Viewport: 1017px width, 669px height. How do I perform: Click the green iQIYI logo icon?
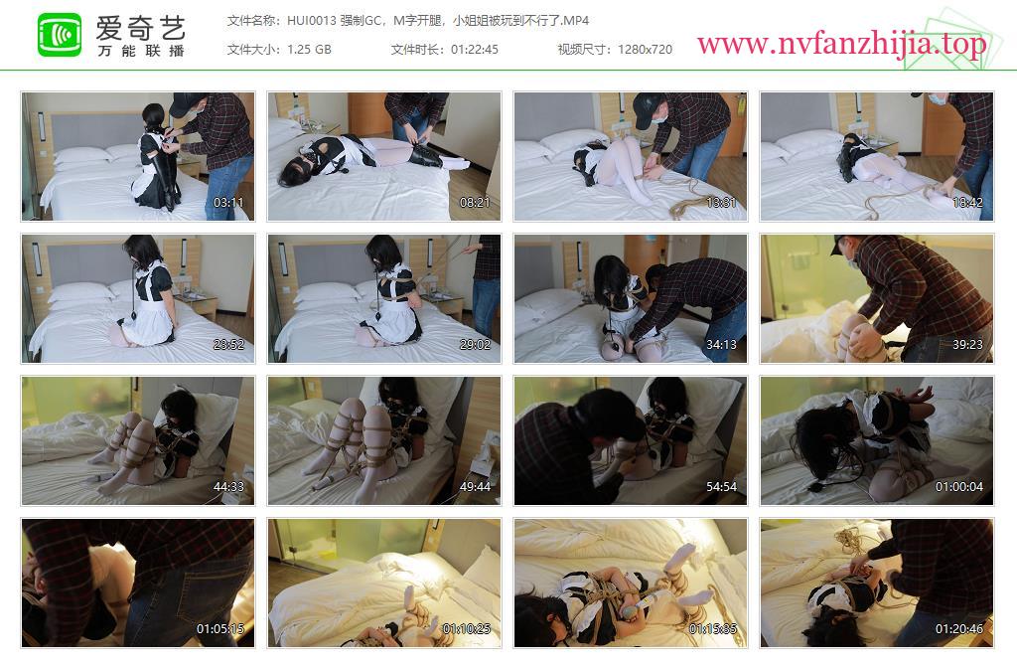tap(60, 35)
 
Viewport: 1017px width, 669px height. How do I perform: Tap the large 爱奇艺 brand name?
tap(141, 27)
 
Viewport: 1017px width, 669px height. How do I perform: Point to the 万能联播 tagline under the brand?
tap(141, 51)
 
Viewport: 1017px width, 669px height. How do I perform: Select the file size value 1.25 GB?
tap(310, 50)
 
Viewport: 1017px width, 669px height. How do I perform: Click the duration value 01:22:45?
tap(475, 50)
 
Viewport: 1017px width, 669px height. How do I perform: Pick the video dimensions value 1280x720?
tap(645, 50)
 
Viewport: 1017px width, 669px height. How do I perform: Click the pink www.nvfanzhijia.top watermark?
tap(841, 44)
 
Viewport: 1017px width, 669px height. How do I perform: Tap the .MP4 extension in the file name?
tap(575, 21)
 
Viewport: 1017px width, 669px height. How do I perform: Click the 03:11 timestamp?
tap(228, 203)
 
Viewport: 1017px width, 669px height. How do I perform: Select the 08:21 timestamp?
tap(475, 203)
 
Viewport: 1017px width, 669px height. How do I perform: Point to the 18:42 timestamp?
tap(967, 203)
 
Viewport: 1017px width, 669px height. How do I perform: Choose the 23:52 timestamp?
tap(228, 345)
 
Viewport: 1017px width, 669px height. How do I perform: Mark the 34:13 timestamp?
tap(721, 345)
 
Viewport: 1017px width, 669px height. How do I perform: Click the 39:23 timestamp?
tap(967, 345)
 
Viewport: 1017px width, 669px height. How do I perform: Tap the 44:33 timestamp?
tap(228, 487)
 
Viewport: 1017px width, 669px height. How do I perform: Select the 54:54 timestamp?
tap(721, 487)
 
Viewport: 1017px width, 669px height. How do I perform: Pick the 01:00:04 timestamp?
tap(958, 487)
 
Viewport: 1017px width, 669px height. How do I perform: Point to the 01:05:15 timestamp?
tap(220, 629)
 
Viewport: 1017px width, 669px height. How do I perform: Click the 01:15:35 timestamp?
tap(713, 629)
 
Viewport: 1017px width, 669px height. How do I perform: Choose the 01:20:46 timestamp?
tap(958, 629)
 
